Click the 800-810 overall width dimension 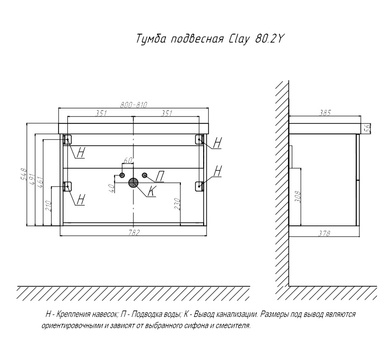coord(134,104)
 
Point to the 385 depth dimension coord(325,113)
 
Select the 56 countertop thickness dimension coord(367,128)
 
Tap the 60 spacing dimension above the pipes coord(127,160)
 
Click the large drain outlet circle coord(133,183)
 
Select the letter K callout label coord(151,192)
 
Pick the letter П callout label coord(161,176)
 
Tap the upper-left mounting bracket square coord(68,139)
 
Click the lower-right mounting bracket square coord(199,186)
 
